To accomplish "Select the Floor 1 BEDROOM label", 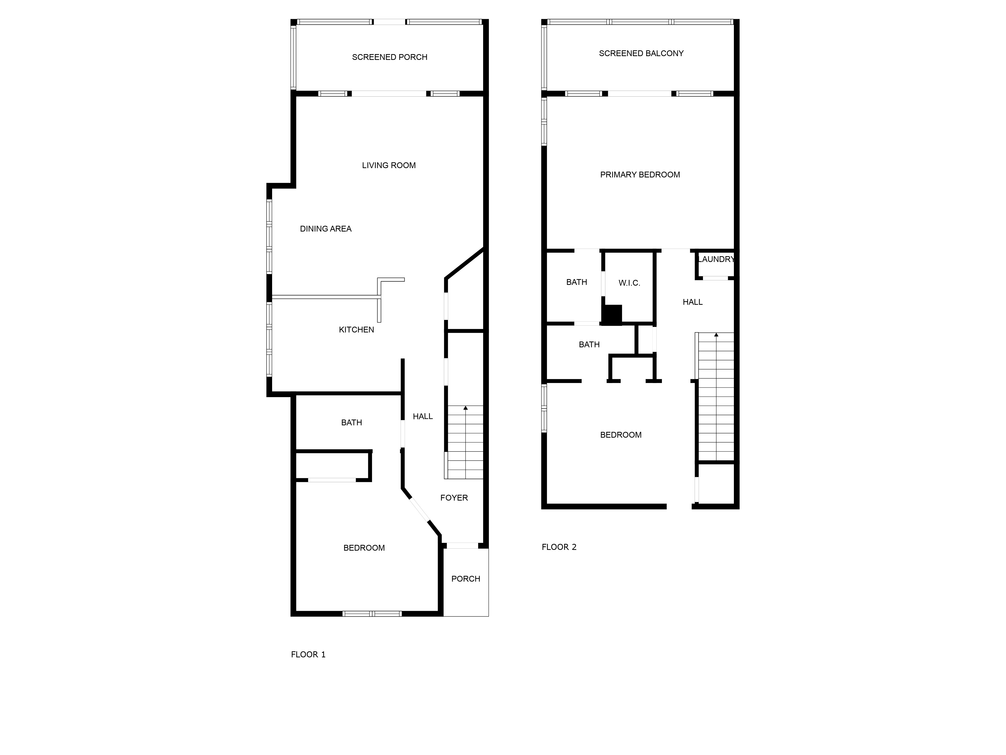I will click(364, 548).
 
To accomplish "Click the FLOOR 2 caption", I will click(559, 547).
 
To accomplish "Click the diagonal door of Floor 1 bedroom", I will click(419, 510).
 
